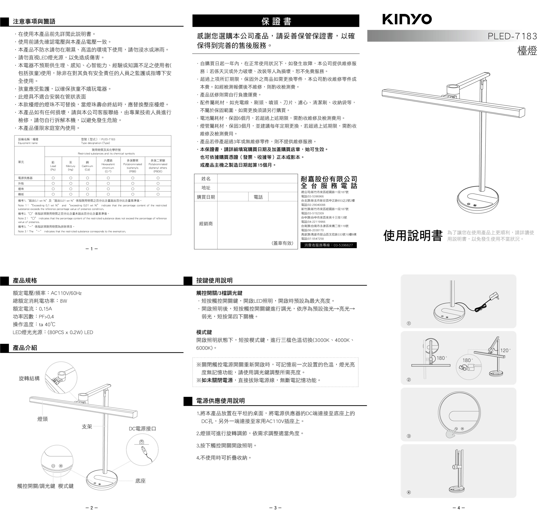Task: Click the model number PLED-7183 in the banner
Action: point(512,36)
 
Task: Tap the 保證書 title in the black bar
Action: point(276,21)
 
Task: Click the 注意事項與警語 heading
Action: point(34,21)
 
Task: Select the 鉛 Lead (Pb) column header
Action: point(53,166)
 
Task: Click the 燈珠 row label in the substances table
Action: point(21,189)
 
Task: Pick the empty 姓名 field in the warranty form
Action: point(257,179)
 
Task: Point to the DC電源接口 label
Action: point(142,429)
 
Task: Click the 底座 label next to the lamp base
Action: point(141,481)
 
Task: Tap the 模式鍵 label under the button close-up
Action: point(66,486)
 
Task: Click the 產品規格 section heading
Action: point(25,280)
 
